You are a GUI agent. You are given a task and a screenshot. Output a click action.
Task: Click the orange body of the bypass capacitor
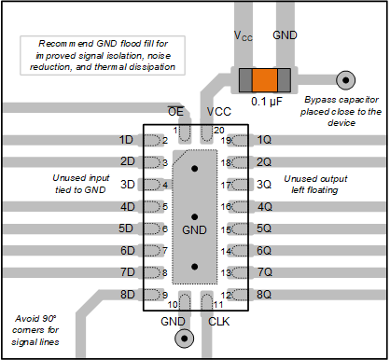[265, 80]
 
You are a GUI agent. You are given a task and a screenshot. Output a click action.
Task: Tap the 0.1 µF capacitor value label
[267, 102]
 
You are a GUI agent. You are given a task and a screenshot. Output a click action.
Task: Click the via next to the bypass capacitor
[345, 80]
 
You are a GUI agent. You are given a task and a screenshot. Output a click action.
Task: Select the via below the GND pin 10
[184, 339]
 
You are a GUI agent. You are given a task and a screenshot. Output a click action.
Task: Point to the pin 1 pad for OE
[185, 133]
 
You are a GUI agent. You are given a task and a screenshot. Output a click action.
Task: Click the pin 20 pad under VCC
[206, 133]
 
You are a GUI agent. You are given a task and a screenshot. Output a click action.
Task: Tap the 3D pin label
[128, 185]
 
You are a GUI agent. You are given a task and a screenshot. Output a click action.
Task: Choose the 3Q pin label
[264, 185]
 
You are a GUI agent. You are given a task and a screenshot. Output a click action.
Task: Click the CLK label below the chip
[219, 322]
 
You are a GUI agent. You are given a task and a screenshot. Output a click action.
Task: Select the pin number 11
[218, 305]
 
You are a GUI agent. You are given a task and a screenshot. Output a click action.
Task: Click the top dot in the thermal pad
[195, 169]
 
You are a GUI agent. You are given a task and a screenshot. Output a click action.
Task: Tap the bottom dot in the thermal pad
[195, 267]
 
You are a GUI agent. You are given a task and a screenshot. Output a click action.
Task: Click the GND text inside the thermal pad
[194, 230]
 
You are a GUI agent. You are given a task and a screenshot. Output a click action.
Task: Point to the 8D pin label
[128, 294]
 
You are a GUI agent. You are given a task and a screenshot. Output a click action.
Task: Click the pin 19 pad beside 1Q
[240, 141]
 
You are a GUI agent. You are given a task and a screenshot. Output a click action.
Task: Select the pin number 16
[226, 206]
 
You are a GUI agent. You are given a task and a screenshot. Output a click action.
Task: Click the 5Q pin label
[264, 228]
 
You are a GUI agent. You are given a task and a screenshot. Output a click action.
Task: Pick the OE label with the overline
[175, 111]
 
